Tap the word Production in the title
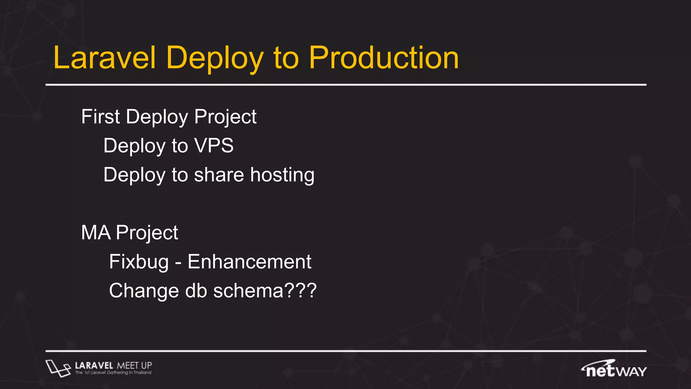(384, 58)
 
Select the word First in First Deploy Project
(101, 117)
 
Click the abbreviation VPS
(214, 146)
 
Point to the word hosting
(282, 175)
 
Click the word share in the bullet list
(219, 175)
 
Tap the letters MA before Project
(96, 233)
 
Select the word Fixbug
(139, 262)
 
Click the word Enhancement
(249, 262)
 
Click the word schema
(248, 291)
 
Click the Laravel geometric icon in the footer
(58, 368)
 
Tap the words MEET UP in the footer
(134, 365)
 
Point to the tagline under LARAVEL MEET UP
(113, 373)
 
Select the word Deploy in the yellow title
(215, 58)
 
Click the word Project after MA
(147, 233)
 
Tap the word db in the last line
(196, 291)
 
